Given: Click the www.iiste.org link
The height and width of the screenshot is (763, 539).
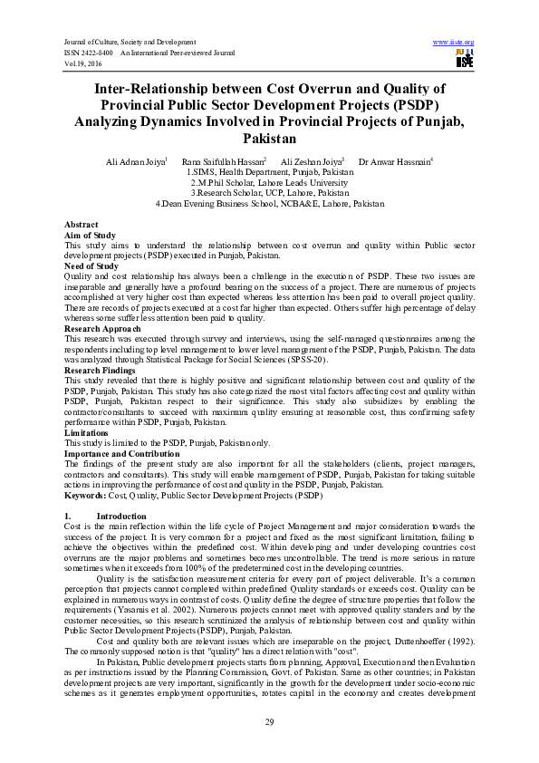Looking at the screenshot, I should (455, 42).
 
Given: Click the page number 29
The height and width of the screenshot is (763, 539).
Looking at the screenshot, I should (269, 720).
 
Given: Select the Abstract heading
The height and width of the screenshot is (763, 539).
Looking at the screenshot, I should (81, 223).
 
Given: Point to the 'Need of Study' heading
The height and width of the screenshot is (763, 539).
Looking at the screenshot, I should (91, 266).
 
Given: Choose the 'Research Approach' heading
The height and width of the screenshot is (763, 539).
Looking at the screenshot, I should (102, 328).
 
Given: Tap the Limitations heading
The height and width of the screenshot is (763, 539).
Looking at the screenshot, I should (87, 432).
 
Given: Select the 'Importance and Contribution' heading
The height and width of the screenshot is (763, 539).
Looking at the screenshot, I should (122, 453).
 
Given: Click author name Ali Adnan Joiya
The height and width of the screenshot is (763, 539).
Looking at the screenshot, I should (133, 160).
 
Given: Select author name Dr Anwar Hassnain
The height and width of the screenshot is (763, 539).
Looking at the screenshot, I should (395, 160).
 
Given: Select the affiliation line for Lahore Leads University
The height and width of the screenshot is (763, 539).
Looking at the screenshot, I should (269, 182).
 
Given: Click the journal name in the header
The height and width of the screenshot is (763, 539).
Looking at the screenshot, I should (123, 42).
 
